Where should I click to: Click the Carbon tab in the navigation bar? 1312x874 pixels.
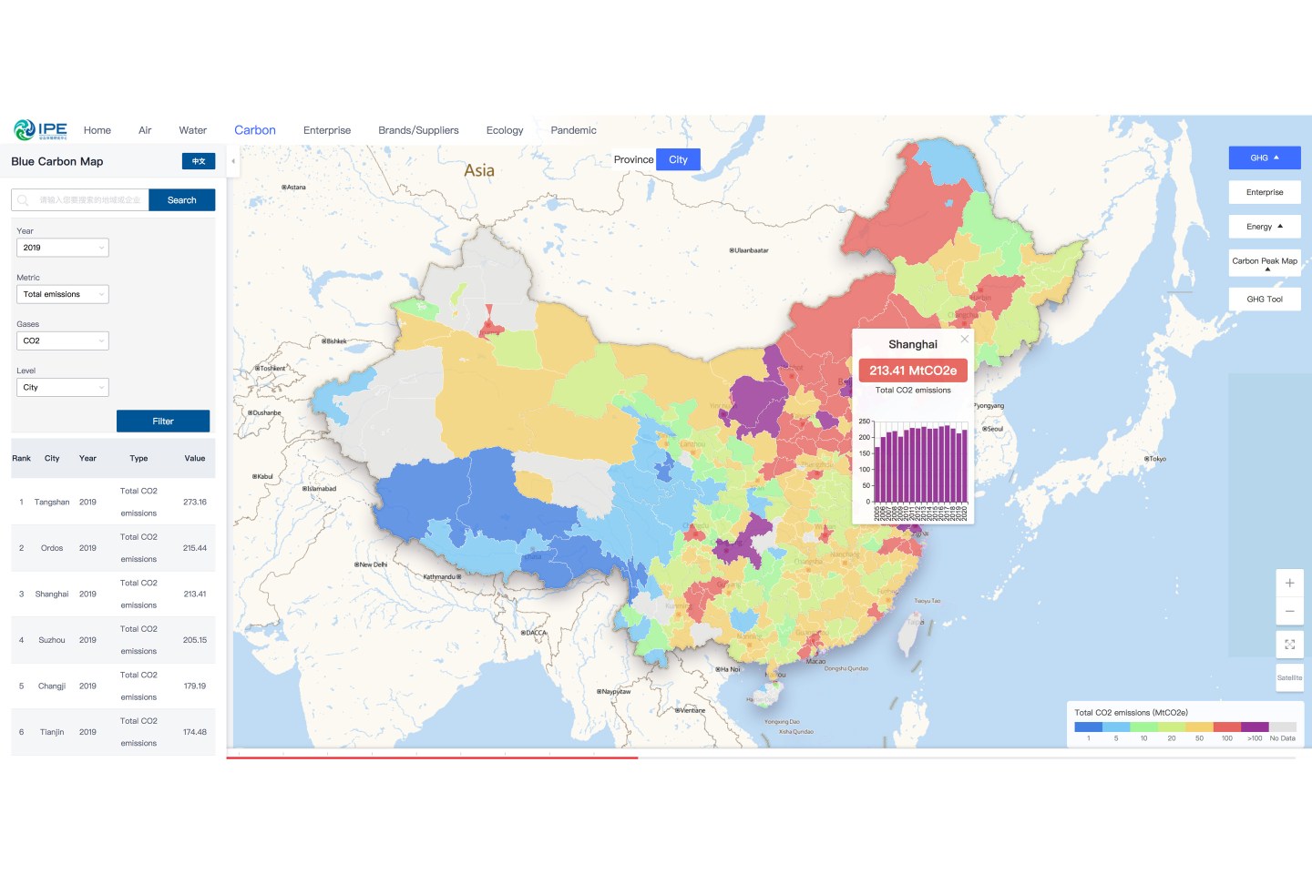(254, 130)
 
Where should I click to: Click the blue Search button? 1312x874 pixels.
(182, 200)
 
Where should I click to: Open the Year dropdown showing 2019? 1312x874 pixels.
(62, 248)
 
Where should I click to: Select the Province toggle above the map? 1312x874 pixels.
(633, 159)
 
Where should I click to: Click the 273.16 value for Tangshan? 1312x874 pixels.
(194, 503)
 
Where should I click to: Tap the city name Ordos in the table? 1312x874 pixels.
(52, 548)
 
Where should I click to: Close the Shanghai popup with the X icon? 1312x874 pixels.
(964, 339)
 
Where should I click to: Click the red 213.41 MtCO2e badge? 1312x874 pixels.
(913, 371)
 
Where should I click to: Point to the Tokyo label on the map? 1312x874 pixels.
(1156, 459)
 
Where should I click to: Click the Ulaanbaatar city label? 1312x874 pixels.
(750, 250)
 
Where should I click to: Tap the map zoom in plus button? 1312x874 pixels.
(1289, 583)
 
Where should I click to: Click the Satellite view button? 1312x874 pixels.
(1289, 677)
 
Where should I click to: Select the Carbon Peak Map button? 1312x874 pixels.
(1265, 261)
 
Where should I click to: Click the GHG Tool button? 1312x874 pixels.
(1265, 299)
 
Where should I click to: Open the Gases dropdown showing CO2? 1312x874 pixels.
(62, 340)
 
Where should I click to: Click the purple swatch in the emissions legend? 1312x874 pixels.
(1255, 727)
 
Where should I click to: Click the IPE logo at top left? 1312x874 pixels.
(41, 130)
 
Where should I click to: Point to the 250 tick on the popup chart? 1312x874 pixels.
(864, 422)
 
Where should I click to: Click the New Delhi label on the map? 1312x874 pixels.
(372, 564)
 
